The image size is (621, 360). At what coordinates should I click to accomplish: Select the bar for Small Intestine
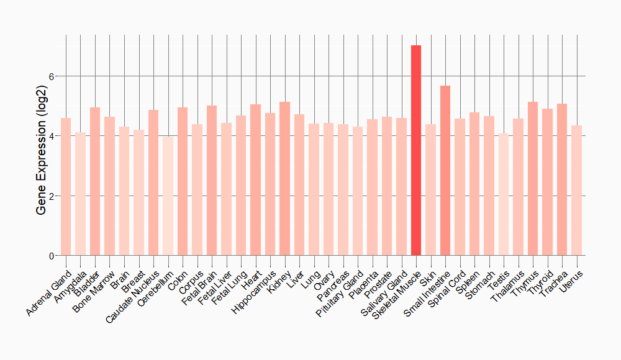pyautogui.click(x=445, y=171)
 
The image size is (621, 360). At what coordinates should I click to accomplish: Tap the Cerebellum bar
pyautogui.click(x=168, y=196)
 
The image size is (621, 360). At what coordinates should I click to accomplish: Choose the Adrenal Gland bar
pyautogui.click(x=66, y=187)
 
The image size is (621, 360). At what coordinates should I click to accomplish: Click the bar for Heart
pyautogui.click(x=255, y=180)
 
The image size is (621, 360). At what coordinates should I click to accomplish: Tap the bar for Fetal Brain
pyautogui.click(x=212, y=181)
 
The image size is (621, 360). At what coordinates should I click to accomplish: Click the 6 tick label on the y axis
pyautogui.click(x=52, y=76)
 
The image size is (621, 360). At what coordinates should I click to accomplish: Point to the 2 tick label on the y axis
pyautogui.click(x=52, y=196)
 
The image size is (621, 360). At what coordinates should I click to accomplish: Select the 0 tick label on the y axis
pyautogui.click(x=52, y=256)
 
